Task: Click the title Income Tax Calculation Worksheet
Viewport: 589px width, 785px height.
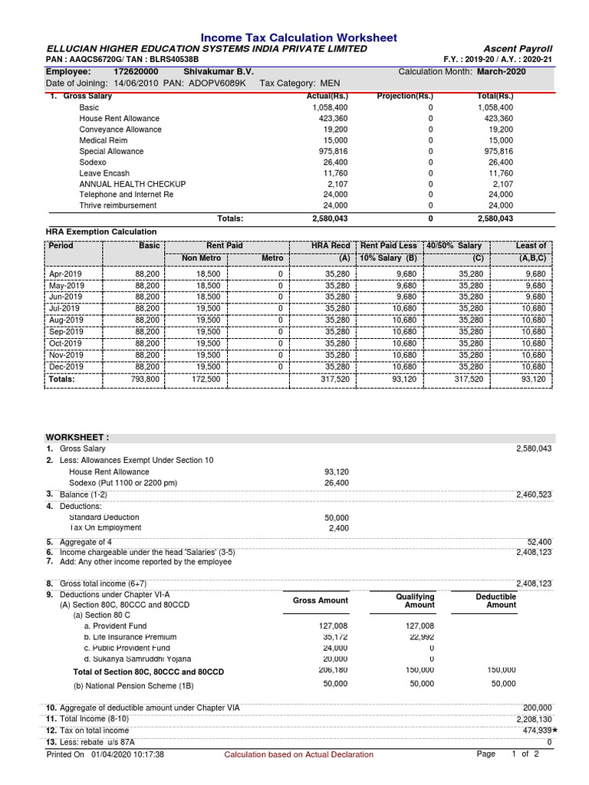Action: pyautogui.click(x=298, y=38)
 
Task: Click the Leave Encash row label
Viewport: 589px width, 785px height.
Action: pyautogui.click(x=104, y=173)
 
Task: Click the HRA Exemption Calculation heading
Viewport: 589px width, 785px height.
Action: pyautogui.click(x=102, y=232)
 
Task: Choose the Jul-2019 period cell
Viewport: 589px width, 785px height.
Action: pyautogui.click(x=66, y=308)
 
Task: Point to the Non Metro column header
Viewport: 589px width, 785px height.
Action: pyautogui.click(x=201, y=258)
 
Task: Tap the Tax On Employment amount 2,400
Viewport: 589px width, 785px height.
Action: pyautogui.click(x=337, y=528)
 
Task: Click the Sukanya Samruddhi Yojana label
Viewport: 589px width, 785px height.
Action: pyautogui.click(x=137, y=659)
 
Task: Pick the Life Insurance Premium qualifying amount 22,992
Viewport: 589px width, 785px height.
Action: pyautogui.click(x=420, y=637)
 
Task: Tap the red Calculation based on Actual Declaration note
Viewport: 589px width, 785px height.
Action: pyautogui.click(x=298, y=754)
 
